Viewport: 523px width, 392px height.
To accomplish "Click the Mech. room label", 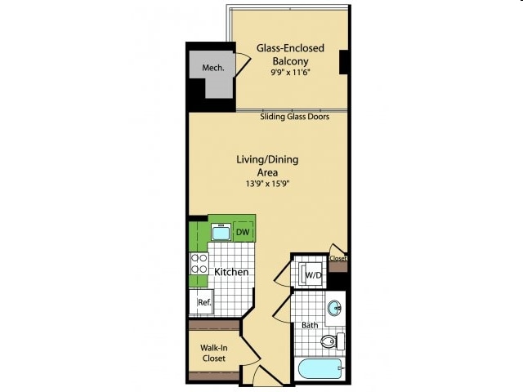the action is tap(213, 68).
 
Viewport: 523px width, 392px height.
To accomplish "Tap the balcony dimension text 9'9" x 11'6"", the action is tap(291, 73).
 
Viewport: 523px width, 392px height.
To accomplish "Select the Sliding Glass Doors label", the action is tap(294, 117).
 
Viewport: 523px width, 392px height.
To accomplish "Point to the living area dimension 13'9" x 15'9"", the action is tap(267, 183).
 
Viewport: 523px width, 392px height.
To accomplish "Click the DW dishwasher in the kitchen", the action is tap(244, 232).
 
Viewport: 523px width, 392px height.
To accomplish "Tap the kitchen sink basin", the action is tap(221, 232).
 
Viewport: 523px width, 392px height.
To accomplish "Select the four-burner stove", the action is tap(199, 263).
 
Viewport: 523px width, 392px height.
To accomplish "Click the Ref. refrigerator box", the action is tap(201, 302).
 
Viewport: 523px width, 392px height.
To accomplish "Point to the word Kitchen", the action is tap(231, 272).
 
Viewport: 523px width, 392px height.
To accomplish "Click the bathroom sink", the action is tap(334, 308).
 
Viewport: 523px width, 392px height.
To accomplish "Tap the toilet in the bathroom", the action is tap(333, 341).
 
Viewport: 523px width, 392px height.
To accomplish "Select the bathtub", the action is tap(320, 368).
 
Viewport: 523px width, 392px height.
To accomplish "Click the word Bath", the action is tap(310, 325).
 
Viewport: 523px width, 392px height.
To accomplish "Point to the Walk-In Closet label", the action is tap(214, 353).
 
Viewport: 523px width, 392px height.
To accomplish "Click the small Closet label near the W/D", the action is tap(338, 258).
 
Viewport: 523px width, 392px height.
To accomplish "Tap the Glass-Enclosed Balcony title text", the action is tap(290, 55).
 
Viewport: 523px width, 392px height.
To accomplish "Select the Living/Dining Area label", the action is tap(267, 166).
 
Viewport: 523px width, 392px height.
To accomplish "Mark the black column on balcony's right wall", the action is tap(343, 62).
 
